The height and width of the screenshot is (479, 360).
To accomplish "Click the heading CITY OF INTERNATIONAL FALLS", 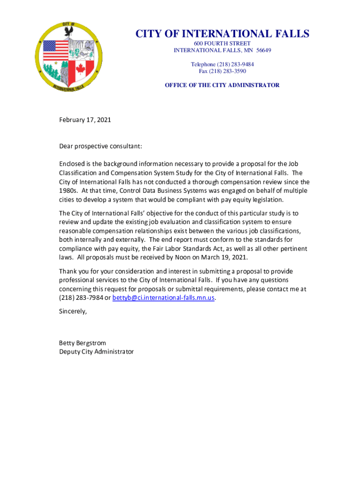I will pyautogui.click(x=222, y=34).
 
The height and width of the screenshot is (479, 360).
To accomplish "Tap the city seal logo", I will pyautogui.click(x=69, y=57).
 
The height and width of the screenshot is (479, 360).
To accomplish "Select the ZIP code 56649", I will pyautogui.click(x=263, y=51).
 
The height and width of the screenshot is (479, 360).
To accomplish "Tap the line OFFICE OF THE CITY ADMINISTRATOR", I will pyautogui.click(x=222, y=85).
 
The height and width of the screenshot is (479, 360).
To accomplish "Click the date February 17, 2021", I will pyautogui.click(x=85, y=120).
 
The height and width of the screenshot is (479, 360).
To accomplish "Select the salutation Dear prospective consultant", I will pyautogui.click(x=100, y=146).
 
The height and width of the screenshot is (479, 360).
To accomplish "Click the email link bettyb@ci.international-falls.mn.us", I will pyautogui.click(x=164, y=298).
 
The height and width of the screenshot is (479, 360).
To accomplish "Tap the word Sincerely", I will pyautogui.click(x=73, y=311).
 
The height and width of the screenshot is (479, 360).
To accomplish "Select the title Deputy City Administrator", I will pyautogui.click(x=96, y=351).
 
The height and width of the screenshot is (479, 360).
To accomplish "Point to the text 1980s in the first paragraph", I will pyautogui.click(x=68, y=190).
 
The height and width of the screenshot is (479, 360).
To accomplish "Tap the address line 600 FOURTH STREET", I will pyautogui.click(x=222, y=44).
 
